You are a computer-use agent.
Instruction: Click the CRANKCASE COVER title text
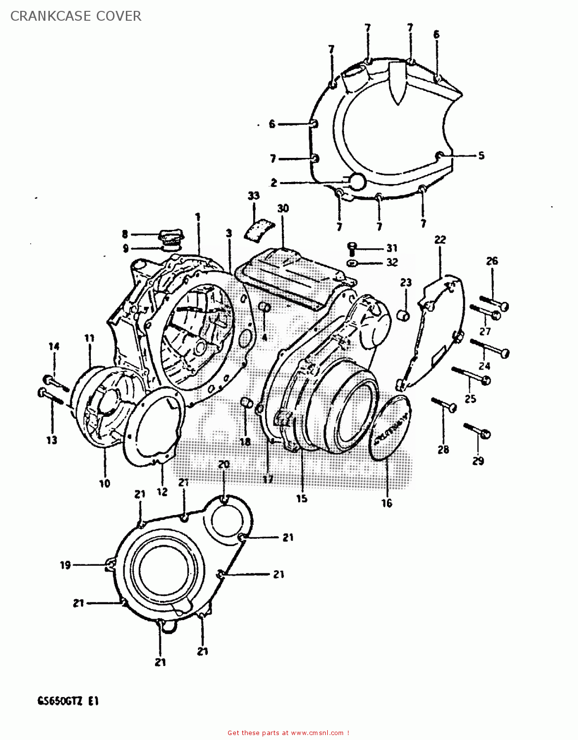point(76,16)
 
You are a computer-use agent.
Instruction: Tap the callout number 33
point(253,196)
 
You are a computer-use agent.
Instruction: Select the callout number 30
point(282,208)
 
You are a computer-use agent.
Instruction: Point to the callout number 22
point(440,239)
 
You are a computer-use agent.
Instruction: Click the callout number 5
point(481,155)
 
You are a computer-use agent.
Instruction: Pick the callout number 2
point(273,183)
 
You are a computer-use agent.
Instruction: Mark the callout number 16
point(386,503)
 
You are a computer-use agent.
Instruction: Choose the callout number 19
point(65,565)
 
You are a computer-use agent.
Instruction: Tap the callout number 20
point(224,464)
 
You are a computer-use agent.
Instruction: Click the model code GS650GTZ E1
point(68,701)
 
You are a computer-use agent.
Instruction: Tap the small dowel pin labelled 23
point(404,314)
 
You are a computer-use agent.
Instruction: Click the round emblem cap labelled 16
point(390,428)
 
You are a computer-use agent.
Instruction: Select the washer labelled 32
point(351,262)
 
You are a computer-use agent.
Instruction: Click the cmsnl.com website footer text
point(288,733)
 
